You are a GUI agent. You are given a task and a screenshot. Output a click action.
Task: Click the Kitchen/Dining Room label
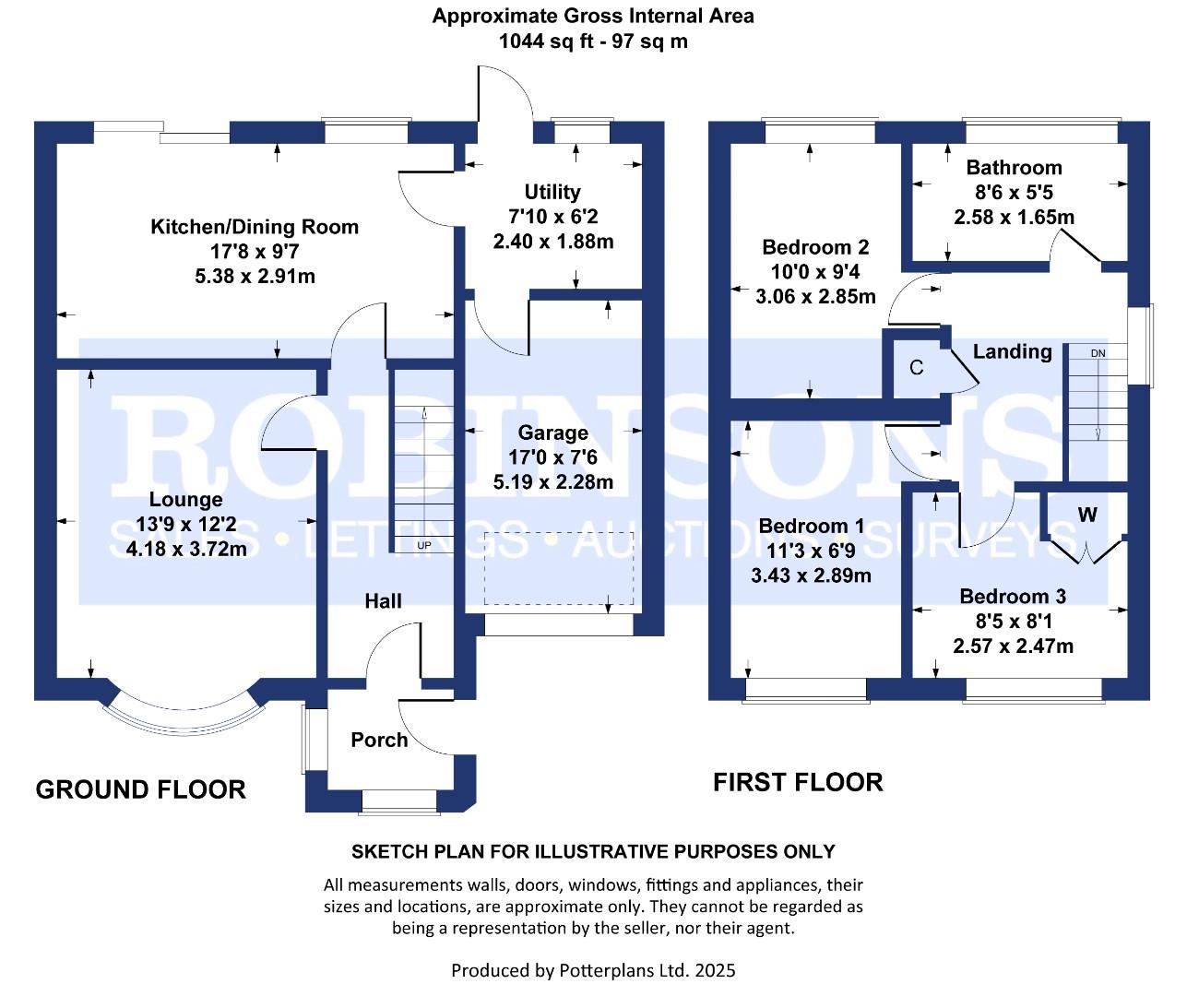pos(255,227)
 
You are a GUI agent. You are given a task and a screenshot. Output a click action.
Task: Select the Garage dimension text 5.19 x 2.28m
pos(553,481)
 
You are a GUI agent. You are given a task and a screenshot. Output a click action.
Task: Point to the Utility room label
pos(552,192)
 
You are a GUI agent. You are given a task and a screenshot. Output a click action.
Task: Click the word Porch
pos(379,740)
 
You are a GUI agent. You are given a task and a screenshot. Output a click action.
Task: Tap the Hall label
pos(383,601)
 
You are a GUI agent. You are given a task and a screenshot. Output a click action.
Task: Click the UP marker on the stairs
pos(424,545)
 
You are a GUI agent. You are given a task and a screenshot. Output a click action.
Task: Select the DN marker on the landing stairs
pos(1098,353)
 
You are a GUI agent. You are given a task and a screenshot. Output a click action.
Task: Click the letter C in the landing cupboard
pos(916,368)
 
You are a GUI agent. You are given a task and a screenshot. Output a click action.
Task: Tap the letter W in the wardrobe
pos(1087,515)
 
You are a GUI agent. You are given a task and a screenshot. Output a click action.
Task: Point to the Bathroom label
pos(1014,168)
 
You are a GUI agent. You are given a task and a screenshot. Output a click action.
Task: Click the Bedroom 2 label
pos(815,247)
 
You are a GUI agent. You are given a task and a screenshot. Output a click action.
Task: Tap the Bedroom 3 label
pos(1013,597)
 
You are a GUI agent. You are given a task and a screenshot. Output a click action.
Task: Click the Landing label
pos(1012,351)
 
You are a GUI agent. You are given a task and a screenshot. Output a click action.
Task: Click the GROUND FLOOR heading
pos(141,789)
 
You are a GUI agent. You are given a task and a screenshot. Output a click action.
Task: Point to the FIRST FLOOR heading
pos(798,782)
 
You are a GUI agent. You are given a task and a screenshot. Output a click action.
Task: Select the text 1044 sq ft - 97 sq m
pos(593,41)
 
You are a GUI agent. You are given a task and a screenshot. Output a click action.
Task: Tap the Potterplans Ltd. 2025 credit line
pos(593,970)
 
